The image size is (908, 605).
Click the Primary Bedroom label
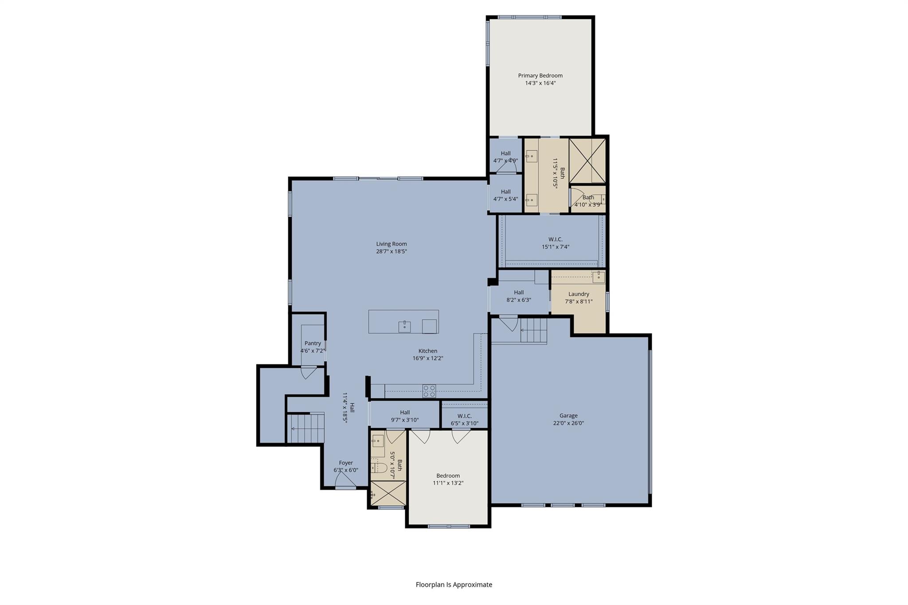pos(540,76)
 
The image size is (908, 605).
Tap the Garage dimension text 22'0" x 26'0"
pos(568,423)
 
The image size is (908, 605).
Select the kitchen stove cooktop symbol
pos(429,391)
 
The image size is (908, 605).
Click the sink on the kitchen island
pos(404,327)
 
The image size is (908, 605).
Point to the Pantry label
pos(313,343)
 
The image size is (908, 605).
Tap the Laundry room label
pos(579,294)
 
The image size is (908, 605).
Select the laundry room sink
pos(599,277)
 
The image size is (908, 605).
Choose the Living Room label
pos(391,244)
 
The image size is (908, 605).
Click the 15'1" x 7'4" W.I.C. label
pos(555,239)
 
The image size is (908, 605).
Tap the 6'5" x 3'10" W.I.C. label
pos(464,416)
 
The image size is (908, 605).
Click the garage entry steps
pos(533,331)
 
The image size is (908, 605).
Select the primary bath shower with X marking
pos(587,160)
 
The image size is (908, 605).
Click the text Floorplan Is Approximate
pos(454,585)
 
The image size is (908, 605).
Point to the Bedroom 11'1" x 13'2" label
pos(448,476)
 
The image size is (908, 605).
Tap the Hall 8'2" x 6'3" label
pos(519,293)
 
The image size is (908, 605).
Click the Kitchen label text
pos(428,351)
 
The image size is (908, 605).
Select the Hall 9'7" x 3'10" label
pos(404,412)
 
